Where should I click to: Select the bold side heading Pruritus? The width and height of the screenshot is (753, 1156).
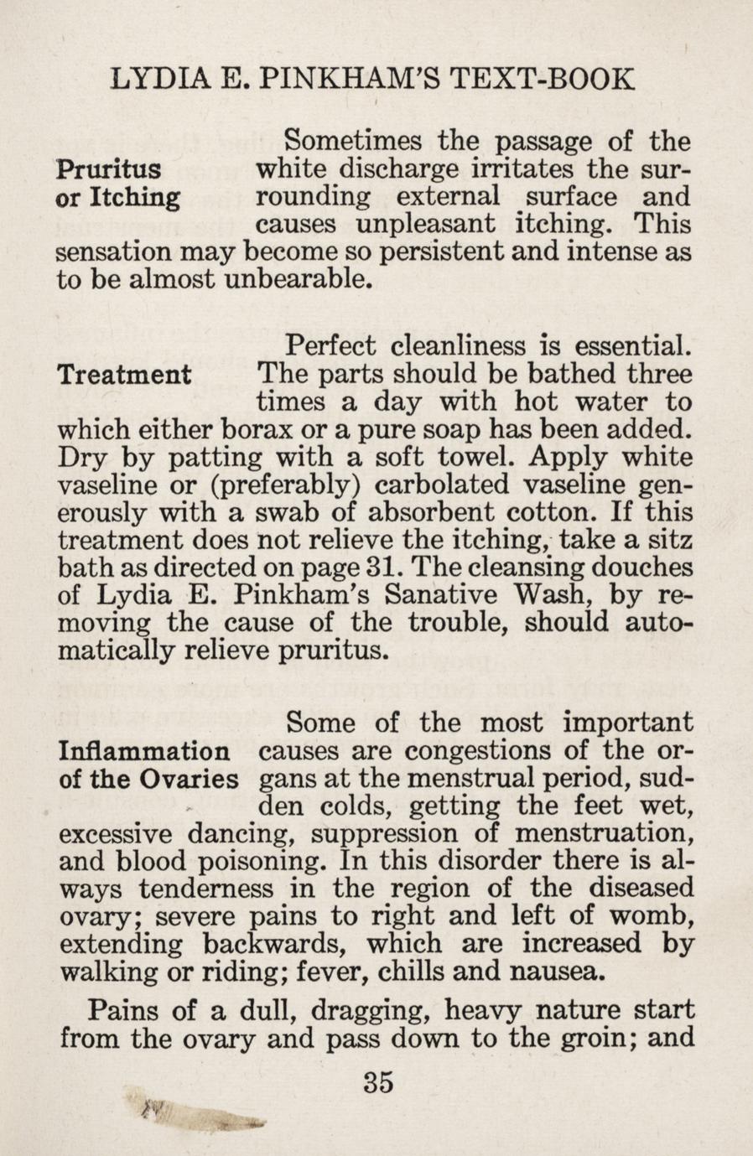pyautogui.click(x=108, y=169)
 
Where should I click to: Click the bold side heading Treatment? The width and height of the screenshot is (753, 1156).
pyautogui.click(x=123, y=374)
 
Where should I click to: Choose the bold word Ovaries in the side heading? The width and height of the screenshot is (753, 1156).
pyautogui.click(x=189, y=779)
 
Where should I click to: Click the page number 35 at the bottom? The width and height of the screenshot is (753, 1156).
pyautogui.click(x=378, y=1081)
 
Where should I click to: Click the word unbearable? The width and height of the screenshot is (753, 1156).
pyautogui.click(x=297, y=279)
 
